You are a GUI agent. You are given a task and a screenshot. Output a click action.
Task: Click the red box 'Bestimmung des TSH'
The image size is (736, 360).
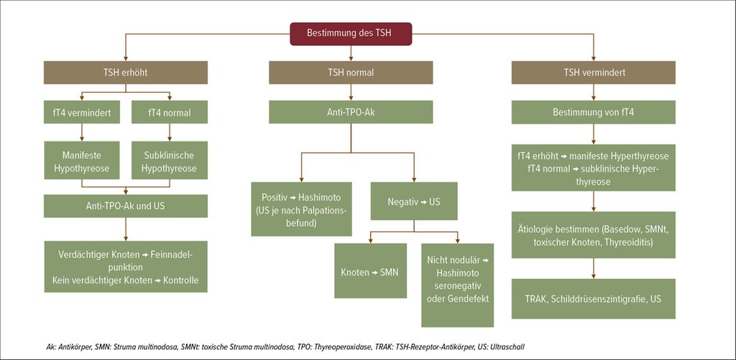351,33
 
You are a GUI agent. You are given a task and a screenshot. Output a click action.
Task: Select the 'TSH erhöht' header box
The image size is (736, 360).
126,73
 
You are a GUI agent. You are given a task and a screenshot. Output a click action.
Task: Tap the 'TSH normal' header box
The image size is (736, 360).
351,73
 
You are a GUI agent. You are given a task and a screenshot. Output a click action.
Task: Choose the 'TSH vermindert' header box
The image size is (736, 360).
593,73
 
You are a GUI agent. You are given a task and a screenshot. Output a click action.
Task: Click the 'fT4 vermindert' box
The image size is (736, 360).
81,112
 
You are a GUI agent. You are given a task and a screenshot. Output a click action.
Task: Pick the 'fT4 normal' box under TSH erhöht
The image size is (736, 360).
170,112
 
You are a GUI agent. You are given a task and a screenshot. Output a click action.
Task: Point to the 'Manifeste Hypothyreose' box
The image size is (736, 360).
81,160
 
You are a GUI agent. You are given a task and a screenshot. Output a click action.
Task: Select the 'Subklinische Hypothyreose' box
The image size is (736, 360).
170,160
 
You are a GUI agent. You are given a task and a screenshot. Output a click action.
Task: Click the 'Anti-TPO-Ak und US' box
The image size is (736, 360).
126,206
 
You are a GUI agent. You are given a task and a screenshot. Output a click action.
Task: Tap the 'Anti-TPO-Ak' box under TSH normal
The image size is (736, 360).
351,112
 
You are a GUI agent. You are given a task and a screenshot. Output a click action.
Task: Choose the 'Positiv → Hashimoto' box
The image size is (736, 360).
301,209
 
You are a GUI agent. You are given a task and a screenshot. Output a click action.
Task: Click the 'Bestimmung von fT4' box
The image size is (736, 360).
593,112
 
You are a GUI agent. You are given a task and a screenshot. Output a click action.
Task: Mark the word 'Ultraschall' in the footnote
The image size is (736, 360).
512,347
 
